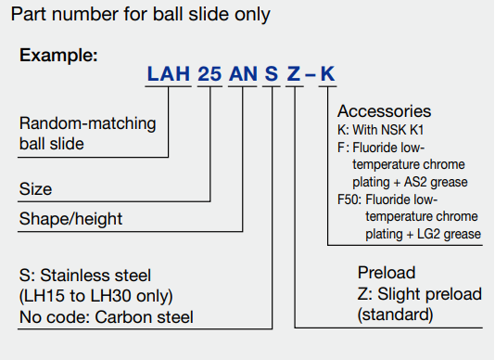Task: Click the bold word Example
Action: (x=58, y=56)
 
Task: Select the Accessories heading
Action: (x=384, y=111)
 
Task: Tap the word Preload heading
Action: (x=387, y=273)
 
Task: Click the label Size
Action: (x=35, y=189)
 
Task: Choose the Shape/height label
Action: (x=70, y=219)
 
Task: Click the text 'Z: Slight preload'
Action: (x=419, y=294)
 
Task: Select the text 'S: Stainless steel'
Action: (x=84, y=276)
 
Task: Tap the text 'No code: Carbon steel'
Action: (x=106, y=317)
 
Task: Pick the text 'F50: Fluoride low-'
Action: (x=387, y=199)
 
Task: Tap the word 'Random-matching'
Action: (x=87, y=123)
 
